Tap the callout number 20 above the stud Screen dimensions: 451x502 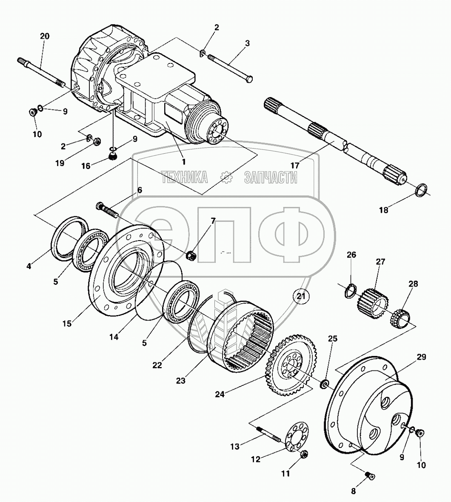click(x=44, y=36)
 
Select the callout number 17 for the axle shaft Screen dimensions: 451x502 click(x=294, y=165)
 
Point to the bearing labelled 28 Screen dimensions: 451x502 click(x=401, y=317)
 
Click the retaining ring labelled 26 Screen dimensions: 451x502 click(x=350, y=291)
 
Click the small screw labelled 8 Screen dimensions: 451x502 click(x=370, y=475)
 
